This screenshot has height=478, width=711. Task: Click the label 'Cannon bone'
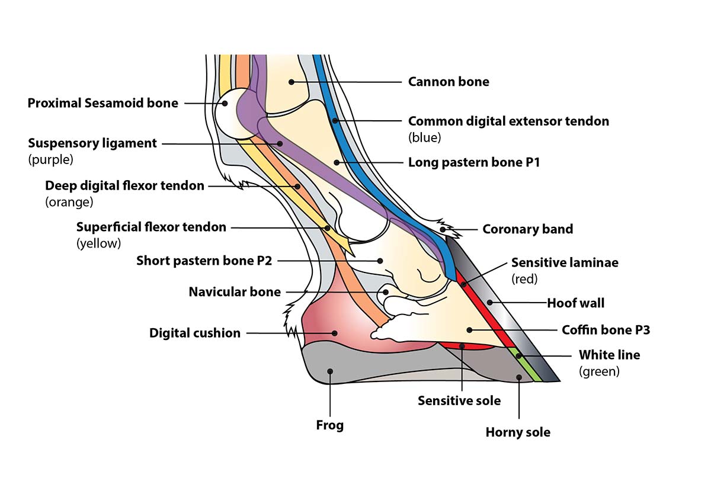(449, 82)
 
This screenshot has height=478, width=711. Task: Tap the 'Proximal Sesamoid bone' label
(103, 103)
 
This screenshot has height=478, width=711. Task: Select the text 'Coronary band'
(527, 229)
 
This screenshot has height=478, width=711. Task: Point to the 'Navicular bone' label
(235, 292)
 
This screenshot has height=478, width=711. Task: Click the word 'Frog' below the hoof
(329, 425)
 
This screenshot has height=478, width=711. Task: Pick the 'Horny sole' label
(518, 432)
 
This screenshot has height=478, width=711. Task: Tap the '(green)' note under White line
(599, 372)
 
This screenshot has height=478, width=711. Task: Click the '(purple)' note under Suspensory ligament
(50, 159)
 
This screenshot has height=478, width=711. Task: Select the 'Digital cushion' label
(195, 333)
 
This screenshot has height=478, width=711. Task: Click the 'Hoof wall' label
(575, 303)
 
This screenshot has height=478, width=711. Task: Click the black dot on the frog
(330, 371)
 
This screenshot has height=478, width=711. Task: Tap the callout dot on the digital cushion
(335, 333)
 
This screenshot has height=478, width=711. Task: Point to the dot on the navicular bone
(385, 291)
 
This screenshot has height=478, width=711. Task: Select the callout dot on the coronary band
(443, 229)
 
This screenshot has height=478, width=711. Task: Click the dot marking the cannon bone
(291, 82)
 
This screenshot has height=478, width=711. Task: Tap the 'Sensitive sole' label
(459, 400)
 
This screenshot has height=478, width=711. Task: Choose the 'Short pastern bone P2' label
(204, 261)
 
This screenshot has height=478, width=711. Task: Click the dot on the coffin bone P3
(469, 329)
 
